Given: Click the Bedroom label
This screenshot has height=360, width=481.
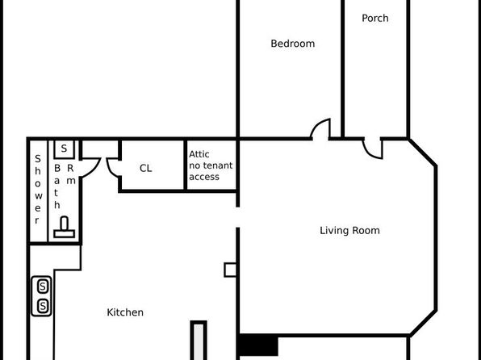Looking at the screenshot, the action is tap(293, 44).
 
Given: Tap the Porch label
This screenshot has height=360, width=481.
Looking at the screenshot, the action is tap(374, 18).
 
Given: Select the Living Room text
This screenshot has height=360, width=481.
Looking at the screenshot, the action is tap(349, 231).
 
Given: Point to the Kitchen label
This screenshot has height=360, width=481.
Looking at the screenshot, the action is tap(125, 312).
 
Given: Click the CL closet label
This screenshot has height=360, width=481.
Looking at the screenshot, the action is tap(146, 168).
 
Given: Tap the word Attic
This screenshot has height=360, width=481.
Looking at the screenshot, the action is tap(199, 154).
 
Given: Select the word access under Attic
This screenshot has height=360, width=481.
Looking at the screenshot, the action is tap(204, 177).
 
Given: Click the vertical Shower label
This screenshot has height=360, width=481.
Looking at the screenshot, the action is tap(38, 190).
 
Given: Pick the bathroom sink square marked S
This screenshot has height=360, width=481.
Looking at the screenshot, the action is tap(64, 149).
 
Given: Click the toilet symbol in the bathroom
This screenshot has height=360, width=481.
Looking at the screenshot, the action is tap(64, 227).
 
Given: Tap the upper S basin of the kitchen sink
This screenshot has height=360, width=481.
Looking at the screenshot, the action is tap(43, 287).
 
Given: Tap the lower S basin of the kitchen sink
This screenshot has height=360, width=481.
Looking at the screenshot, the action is tap(43, 306).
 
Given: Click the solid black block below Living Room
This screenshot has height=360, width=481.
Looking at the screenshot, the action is tap(258, 345).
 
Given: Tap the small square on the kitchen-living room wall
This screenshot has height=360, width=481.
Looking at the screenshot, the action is tap(230, 270).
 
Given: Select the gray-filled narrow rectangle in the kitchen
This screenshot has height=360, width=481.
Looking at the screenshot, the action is tap(199, 341).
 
